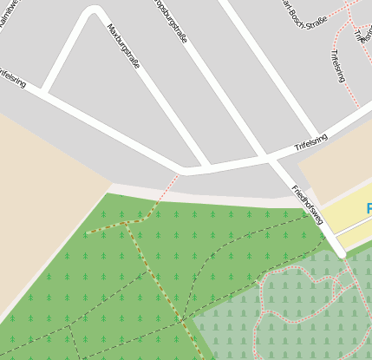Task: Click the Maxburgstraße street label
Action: (x=123, y=46)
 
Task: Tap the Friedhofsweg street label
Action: (x=307, y=205)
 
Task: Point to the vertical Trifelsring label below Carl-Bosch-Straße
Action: (x=337, y=66)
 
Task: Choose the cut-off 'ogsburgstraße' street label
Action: (x=168, y=19)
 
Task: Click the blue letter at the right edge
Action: (x=369, y=209)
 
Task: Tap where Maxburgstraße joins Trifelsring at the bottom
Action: (x=206, y=164)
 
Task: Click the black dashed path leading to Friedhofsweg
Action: (x=260, y=228)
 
